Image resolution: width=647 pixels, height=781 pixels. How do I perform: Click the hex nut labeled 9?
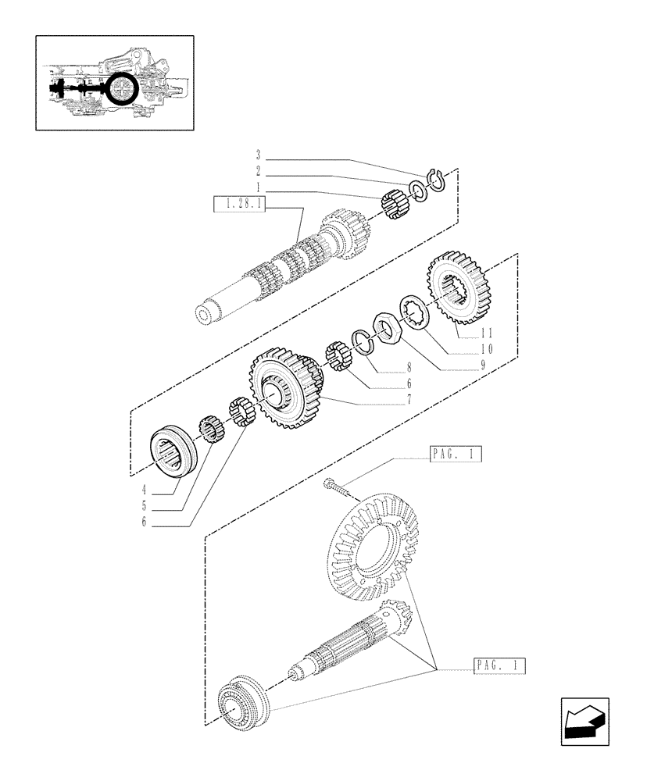[x=388, y=326]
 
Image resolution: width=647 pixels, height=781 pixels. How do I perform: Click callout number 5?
[x=144, y=505]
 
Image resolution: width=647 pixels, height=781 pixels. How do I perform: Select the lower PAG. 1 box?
[x=499, y=665]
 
